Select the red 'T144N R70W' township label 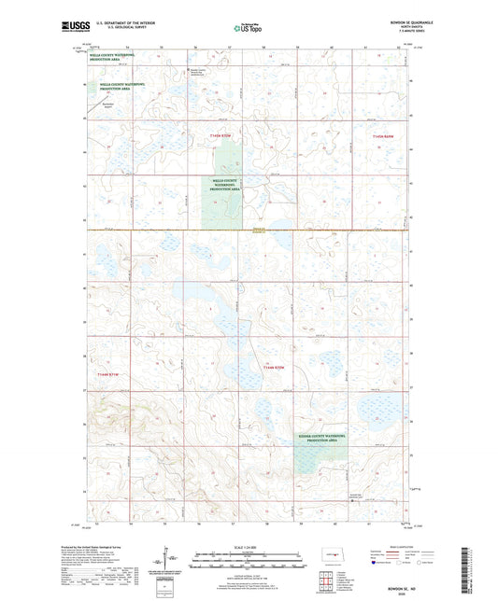(x=272, y=368)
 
